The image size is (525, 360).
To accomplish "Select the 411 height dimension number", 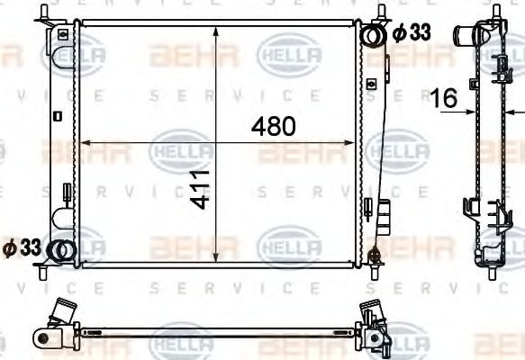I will click(202, 188).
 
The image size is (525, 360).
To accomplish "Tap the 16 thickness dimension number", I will click(445, 97).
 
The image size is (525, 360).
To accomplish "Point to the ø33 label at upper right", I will click(411, 33).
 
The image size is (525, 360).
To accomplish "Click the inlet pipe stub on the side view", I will click(466, 38).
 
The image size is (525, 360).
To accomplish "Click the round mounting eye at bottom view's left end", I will click(41, 337).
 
